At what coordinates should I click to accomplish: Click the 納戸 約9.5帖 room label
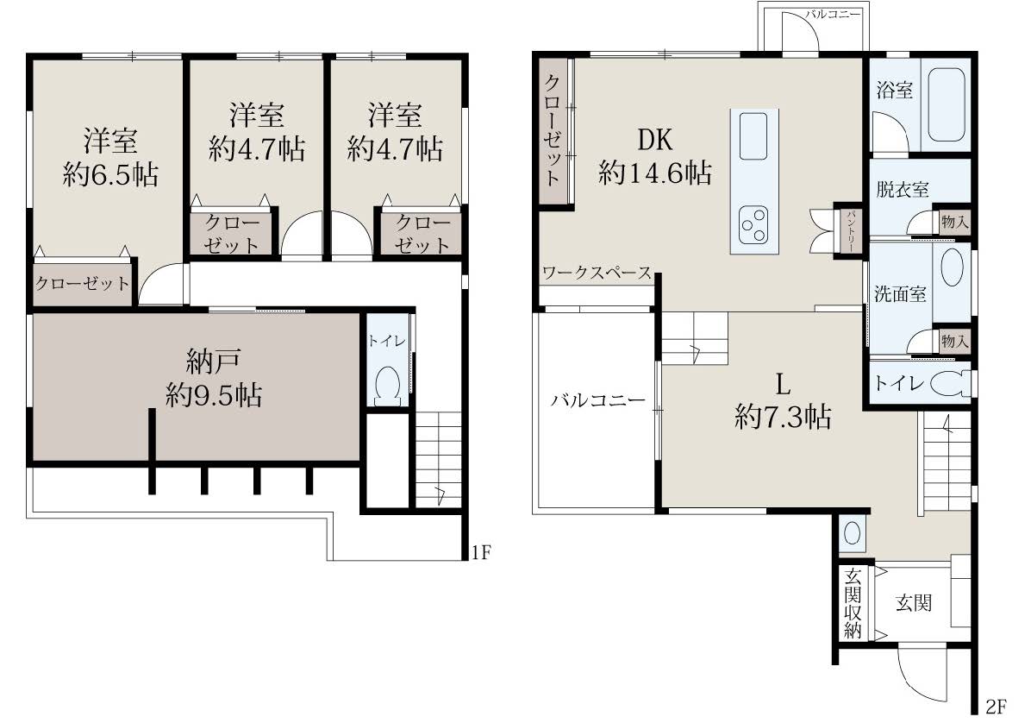click(x=214, y=378)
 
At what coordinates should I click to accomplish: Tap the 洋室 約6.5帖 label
click(x=110, y=158)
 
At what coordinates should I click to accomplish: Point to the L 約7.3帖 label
click(x=783, y=400)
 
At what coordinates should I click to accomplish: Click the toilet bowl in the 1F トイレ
click(x=387, y=385)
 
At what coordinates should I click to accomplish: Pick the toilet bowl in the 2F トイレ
click(x=952, y=384)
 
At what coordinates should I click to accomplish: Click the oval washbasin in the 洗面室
click(x=952, y=268)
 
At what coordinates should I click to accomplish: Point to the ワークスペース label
click(x=597, y=273)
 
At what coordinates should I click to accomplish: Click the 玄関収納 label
click(x=853, y=603)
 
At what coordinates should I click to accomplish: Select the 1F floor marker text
click(x=481, y=552)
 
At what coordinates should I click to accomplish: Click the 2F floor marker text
click(x=996, y=707)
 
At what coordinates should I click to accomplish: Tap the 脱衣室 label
click(x=902, y=190)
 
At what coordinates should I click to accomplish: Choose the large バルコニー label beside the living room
click(x=598, y=400)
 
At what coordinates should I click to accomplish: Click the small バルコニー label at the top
click(x=833, y=14)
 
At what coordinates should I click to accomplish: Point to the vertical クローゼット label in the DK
click(x=553, y=129)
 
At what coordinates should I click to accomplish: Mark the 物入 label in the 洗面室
click(x=955, y=342)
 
